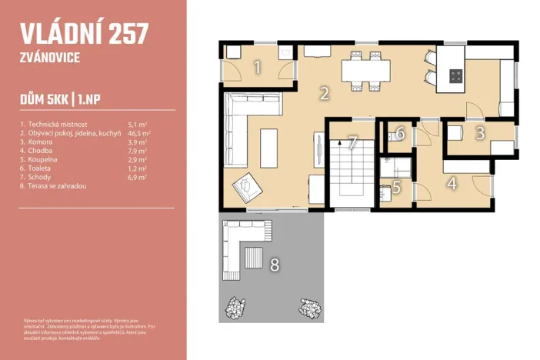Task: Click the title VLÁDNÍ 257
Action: [83, 34]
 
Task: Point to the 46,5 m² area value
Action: [138, 132]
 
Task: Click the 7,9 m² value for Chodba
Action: [137, 151]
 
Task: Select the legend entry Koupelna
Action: [45, 160]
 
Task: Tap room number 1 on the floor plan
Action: [257, 67]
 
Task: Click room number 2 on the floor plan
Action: [325, 94]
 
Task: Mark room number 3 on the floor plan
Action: [480, 132]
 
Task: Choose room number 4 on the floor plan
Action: [452, 184]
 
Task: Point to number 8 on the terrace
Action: [275, 265]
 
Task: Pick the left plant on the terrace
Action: [236, 307]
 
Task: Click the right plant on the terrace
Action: [310, 307]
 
